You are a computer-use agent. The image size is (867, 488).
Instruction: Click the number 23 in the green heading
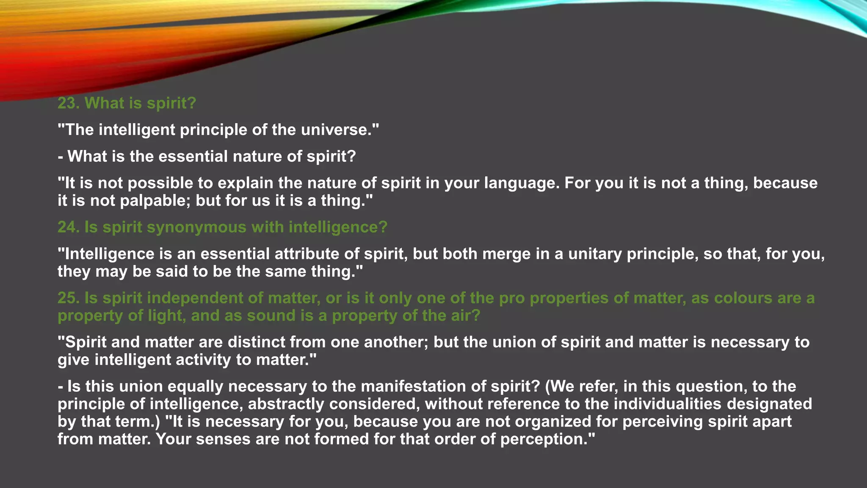67,103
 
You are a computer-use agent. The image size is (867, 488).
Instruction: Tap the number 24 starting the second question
67,227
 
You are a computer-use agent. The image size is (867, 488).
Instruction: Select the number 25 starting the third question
67,298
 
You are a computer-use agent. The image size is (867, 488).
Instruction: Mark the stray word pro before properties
512,299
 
